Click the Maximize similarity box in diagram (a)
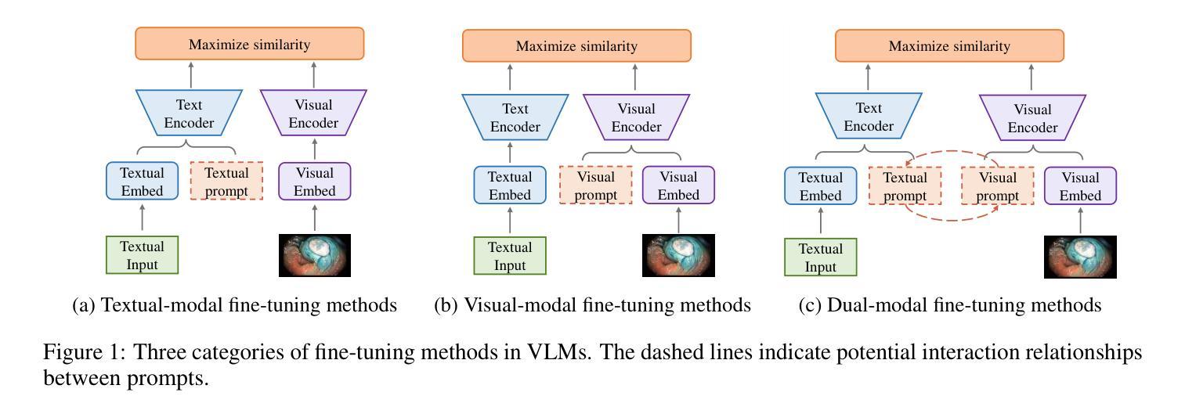click(x=250, y=44)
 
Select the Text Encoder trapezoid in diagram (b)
click(x=515, y=117)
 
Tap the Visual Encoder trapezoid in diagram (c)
click(x=1032, y=118)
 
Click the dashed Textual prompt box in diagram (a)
click(x=226, y=182)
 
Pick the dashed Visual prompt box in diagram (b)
click(x=596, y=185)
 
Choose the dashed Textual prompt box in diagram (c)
click(x=905, y=185)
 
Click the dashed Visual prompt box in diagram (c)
click(x=997, y=185)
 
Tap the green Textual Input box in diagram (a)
click(x=143, y=255)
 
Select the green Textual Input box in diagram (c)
click(x=821, y=257)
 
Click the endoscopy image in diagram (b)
click(x=678, y=255)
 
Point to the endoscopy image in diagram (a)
click(x=315, y=255)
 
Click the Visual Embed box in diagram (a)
click(x=315, y=182)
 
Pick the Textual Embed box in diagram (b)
click(x=510, y=185)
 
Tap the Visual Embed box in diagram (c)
click(x=1080, y=185)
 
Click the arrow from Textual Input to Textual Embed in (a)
click(x=143, y=218)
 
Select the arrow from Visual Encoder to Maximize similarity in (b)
click(x=635, y=77)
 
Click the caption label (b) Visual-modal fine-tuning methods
click(x=592, y=305)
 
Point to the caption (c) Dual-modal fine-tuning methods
click(x=950, y=305)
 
